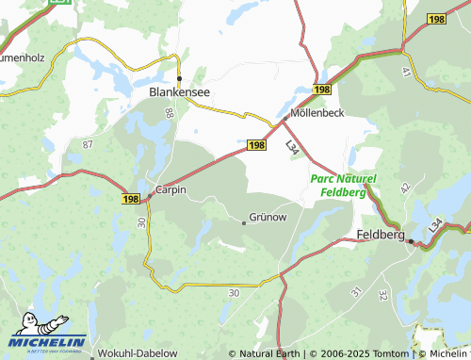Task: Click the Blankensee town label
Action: [x=179, y=92]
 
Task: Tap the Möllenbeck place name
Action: [x=317, y=112]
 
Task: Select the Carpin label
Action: [x=171, y=188]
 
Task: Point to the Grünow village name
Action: [x=268, y=217]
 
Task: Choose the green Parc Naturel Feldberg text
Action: [x=343, y=185]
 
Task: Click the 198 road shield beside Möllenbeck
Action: [x=323, y=89]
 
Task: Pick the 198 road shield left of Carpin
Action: [x=130, y=199]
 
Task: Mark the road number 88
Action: [x=170, y=113]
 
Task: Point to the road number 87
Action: [x=88, y=144]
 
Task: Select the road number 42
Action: [x=406, y=188]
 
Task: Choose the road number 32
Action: [x=382, y=295]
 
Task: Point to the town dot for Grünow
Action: [x=244, y=222]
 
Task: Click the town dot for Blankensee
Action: [x=179, y=78]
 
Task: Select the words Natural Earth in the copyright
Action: [x=268, y=353]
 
